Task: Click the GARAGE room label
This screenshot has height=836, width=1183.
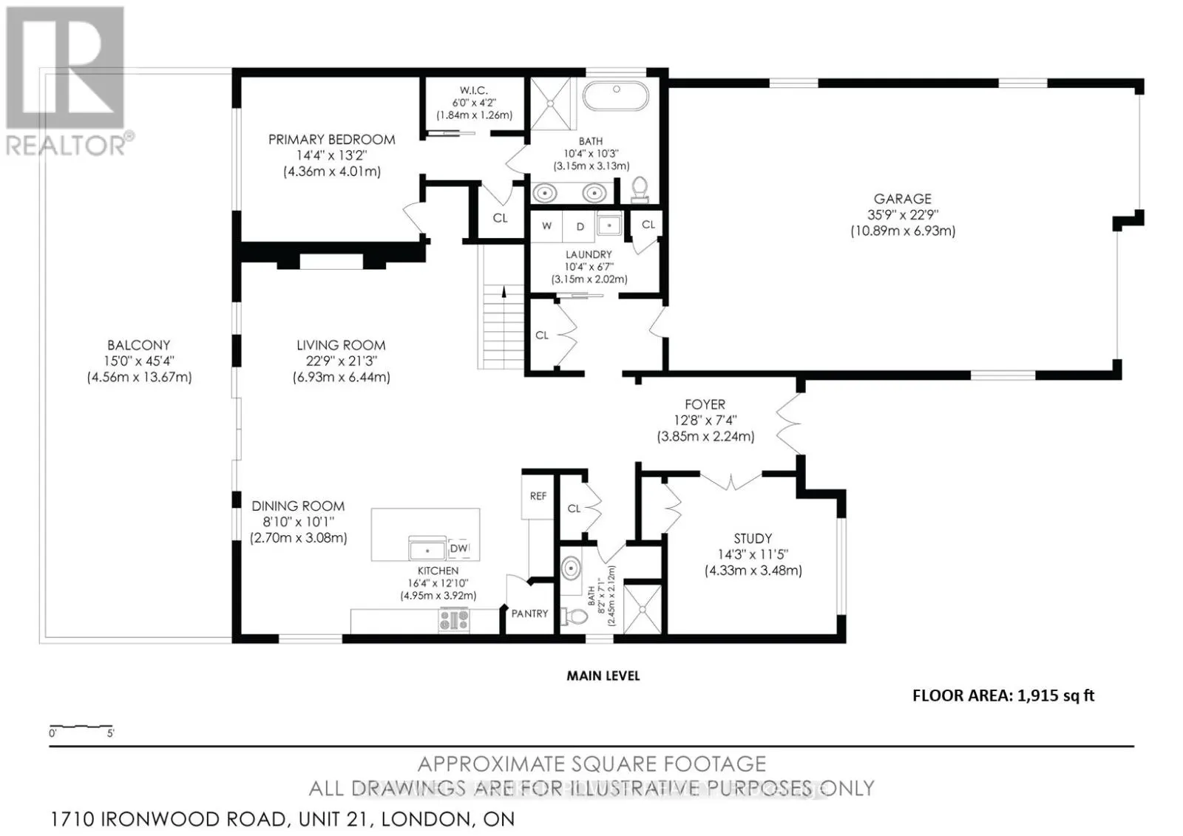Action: (902, 199)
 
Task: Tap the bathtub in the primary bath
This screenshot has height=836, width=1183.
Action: (616, 95)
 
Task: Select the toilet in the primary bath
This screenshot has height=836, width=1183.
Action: (640, 189)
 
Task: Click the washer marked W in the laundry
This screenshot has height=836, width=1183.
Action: (546, 226)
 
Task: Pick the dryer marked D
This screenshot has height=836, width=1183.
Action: (580, 227)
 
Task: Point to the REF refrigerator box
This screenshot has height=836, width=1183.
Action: (538, 497)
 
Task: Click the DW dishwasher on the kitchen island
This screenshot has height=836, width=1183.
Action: (459, 548)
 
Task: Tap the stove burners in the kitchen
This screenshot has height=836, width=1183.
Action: (454, 619)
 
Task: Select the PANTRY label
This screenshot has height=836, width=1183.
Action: (529, 614)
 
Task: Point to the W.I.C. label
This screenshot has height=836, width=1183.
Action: (473, 90)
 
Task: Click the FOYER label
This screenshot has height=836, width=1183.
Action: (705, 404)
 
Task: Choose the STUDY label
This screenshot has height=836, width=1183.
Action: (753, 539)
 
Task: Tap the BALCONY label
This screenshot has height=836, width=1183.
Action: (139, 345)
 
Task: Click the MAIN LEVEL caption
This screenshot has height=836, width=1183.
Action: (603, 676)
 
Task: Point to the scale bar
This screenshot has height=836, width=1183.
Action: (81, 727)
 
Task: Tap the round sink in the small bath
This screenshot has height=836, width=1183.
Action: (570, 568)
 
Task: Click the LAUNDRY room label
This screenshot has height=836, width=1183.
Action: (589, 254)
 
